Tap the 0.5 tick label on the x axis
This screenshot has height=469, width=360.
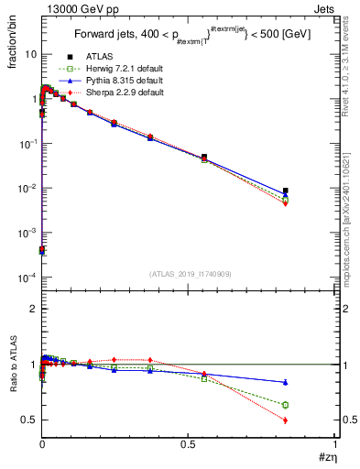pyautogui.click(x=189, y=443)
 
